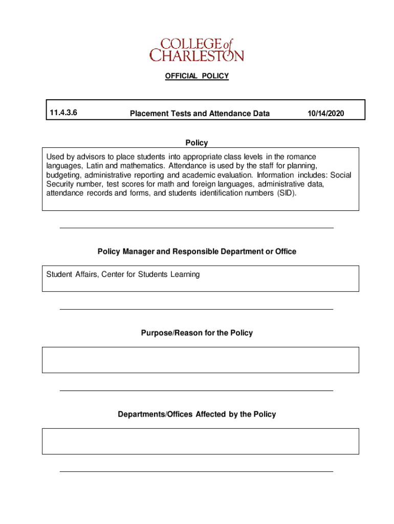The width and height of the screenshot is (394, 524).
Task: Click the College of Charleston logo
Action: pyautogui.click(x=196, y=49)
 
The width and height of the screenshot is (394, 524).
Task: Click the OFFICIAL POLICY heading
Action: pyautogui.click(x=196, y=76)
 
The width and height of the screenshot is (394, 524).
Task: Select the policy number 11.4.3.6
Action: pyautogui.click(x=64, y=113)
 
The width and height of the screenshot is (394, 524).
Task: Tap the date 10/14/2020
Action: pyautogui.click(x=326, y=114)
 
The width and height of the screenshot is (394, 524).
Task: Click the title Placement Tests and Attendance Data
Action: pyautogui.click(x=200, y=114)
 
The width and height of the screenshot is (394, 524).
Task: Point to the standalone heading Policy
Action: pyautogui.click(x=196, y=143)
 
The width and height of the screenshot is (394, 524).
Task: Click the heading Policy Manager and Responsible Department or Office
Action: pyautogui.click(x=196, y=252)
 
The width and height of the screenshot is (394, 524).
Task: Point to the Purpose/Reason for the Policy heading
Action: pyautogui.click(x=196, y=333)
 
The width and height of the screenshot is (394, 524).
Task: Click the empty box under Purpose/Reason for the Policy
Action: pyautogui.click(x=200, y=360)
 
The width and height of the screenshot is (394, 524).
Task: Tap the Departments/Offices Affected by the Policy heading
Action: pyautogui.click(x=196, y=414)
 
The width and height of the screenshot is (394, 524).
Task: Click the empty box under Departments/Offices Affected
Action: pyautogui.click(x=200, y=441)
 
